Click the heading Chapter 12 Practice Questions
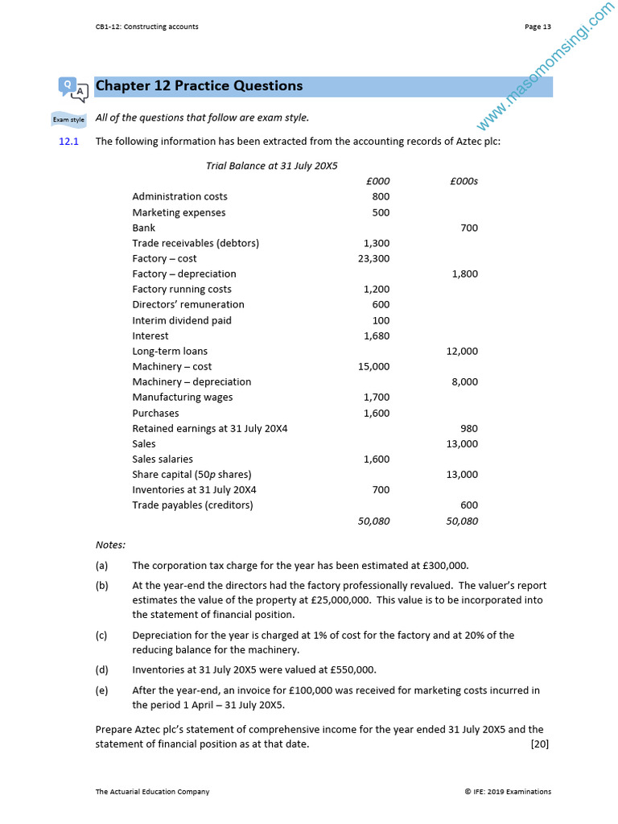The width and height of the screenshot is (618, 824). [199, 86]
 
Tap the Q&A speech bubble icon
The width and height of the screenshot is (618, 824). [72, 89]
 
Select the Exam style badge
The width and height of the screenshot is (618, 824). [68, 119]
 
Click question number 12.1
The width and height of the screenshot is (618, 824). [68, 142]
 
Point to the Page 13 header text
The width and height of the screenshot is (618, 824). [538, 27]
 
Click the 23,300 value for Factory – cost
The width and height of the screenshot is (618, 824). [373, 258]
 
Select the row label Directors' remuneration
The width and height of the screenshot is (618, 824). [188, 304]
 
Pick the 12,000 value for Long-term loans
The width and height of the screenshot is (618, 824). [462, 351]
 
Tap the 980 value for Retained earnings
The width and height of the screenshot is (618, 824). [468, 428]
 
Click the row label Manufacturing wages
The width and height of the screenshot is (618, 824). [183, 397]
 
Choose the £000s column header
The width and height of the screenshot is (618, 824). [464, 181]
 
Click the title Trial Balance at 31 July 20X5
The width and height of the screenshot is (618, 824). [272, 166]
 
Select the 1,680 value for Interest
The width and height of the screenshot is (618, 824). [377, 336]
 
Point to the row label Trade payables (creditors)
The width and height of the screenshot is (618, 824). [192, 505]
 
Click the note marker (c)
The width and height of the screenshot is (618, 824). [101, 635]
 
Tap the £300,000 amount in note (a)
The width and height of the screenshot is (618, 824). [440, 565]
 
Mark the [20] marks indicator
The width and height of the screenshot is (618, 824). [539, 744]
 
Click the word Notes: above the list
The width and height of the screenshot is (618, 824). [110, 545]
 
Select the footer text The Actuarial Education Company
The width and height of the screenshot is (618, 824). [152, 792]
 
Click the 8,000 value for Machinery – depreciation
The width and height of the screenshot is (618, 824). [464, 381]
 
